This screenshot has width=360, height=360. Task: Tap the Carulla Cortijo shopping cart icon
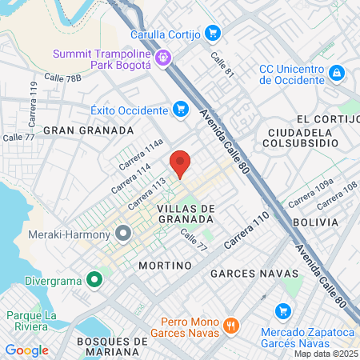(x=212, y=33)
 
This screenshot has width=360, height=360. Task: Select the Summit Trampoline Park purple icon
(x=163, y=57)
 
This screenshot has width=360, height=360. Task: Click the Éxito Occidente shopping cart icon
(x=181, y=109)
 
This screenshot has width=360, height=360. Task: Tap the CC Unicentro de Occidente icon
(x=337, y=73)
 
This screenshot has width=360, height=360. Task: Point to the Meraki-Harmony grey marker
(x=123, y=234)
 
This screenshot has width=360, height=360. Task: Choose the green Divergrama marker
(x=94, y=280)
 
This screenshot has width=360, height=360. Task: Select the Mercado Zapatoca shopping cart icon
(x=281, y=310)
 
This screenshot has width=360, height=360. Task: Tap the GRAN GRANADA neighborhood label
(x=88, y=130)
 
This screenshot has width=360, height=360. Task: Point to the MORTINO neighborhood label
(x=165, y=265)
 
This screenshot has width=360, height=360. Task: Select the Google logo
(x=26, y=350)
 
